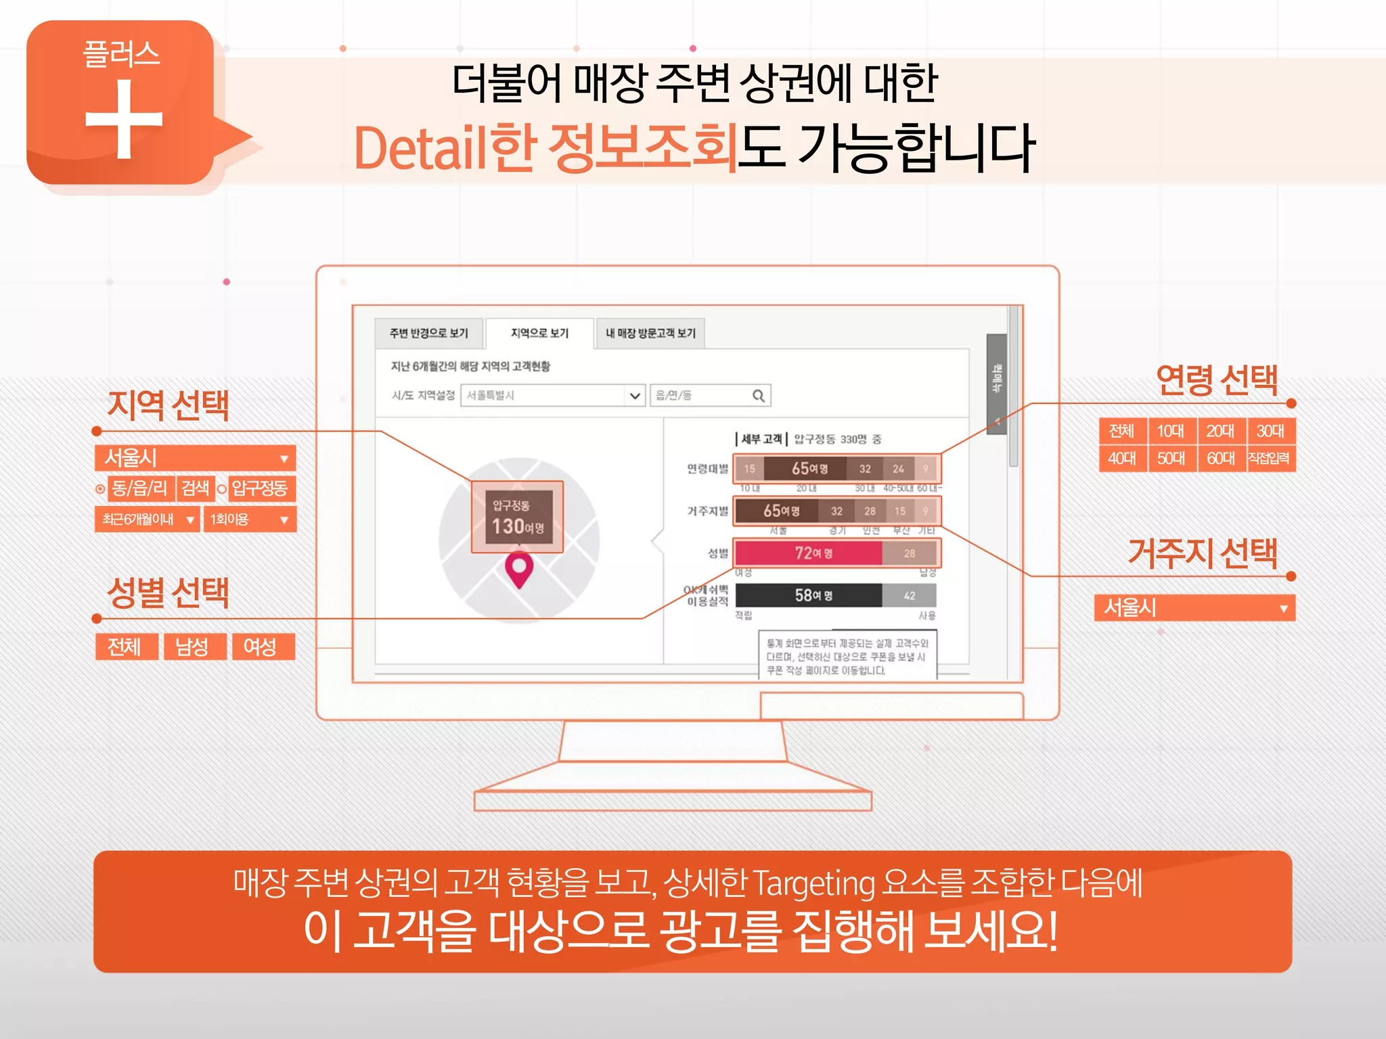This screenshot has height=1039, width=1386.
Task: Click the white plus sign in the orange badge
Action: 124,119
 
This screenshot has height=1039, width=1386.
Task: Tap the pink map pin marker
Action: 519,568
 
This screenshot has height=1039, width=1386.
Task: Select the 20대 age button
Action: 1220,431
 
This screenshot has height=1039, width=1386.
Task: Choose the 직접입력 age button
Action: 1269,459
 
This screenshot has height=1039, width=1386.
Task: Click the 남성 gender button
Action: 192,647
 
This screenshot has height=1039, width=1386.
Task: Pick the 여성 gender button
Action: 261,647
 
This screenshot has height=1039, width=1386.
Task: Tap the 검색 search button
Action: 196,488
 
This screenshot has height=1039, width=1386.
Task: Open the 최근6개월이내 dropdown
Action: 148,519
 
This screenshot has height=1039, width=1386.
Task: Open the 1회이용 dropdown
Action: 249,519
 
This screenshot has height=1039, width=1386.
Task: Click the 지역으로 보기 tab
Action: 539,333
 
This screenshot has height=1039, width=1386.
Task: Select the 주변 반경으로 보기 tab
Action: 428,333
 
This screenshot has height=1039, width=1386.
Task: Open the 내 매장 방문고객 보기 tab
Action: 650,333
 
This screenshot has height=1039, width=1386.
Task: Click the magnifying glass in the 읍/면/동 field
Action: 759,396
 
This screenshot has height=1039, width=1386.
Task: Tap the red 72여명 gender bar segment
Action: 809,553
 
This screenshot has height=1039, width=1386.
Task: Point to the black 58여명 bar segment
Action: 809,595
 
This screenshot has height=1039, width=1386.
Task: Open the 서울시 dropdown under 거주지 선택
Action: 1194,607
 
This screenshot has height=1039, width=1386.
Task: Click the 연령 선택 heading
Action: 1216,380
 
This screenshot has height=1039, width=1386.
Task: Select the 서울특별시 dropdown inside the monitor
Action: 552,396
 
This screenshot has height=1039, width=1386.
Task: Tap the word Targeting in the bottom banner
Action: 813,883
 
